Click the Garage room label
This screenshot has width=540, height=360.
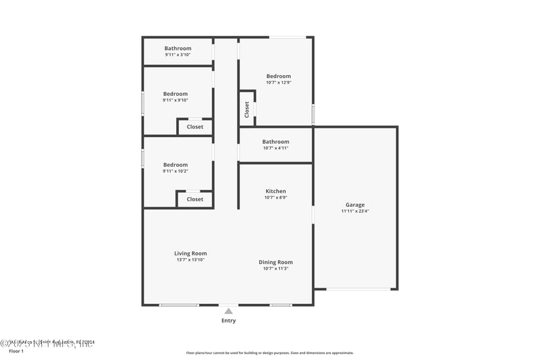[355, 205]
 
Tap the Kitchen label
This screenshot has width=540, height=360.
[275, 191]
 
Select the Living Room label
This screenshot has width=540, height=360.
[190, 253]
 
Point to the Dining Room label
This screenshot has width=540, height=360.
[275, 262]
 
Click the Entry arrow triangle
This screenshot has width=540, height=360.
[229, 311]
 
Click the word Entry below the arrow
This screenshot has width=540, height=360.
[229, 321]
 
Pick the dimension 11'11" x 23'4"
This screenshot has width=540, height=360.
[355, 211]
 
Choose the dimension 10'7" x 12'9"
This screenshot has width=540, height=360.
[278, 82]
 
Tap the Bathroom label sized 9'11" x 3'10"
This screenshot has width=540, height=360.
[178, 48]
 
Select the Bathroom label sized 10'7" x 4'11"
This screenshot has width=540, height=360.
[275, 142]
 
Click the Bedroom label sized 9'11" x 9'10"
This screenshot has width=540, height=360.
[175, 94]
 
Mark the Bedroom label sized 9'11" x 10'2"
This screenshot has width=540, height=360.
[175, 165]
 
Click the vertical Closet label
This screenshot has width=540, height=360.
[247, 109]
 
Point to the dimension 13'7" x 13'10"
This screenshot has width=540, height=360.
[190, 260]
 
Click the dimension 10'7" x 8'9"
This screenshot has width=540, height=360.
[275, 198]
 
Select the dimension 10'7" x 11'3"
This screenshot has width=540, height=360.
[275, 269]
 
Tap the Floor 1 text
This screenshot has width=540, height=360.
[16, 351]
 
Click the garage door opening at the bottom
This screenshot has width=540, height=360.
[359, 290]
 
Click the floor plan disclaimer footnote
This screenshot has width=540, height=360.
[269, 353]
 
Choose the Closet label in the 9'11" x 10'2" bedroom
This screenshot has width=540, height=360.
[195, 199]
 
